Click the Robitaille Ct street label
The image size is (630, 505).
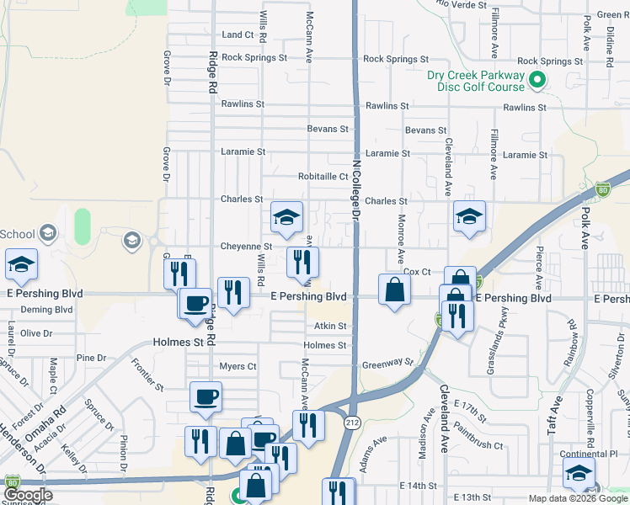click(323, 177)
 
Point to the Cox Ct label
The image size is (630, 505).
click(417, 272)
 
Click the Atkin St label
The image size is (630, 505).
click(331, 326)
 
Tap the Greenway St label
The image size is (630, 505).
click(388, 364)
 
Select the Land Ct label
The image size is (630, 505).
click(238, 35)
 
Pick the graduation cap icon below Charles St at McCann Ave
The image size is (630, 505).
click(286, 218)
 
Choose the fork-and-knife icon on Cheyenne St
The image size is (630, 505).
click(302, 262)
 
